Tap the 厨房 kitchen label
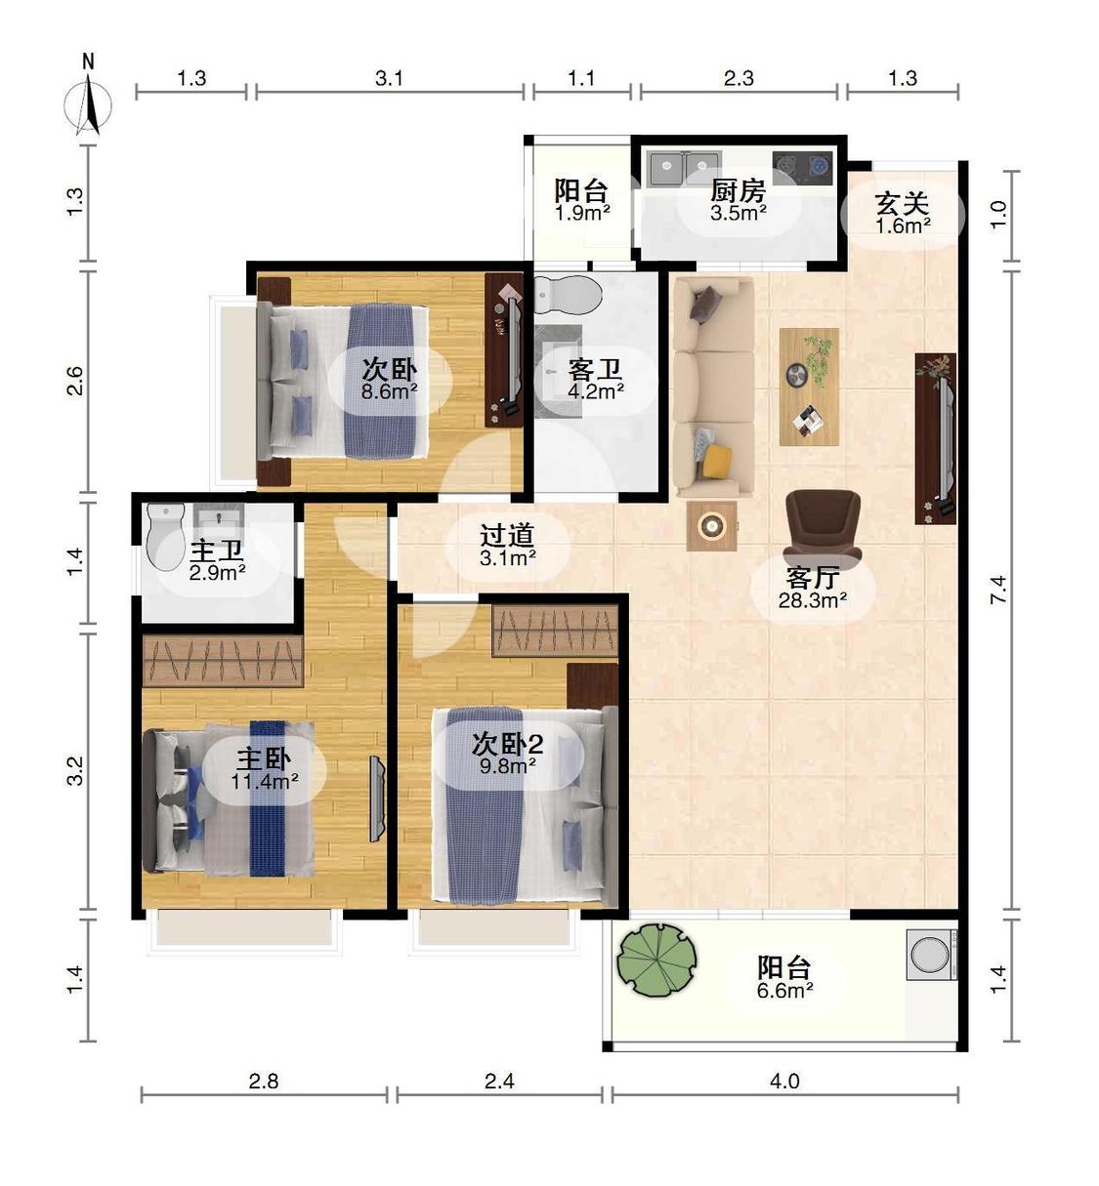point(739,191)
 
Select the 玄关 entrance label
point(903,204)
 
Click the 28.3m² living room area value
point(813,600)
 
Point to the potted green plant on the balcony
point(656,960)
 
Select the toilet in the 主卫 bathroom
point(166,535)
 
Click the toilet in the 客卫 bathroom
point(568,295)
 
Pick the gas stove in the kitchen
point(802,168)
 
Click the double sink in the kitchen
point(685,168)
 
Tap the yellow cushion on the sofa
point(716,462)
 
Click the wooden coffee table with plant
point(809,387)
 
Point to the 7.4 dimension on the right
point(999,591)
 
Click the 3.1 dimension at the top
point(389,78)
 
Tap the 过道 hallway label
point(507,535)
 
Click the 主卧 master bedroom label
point(264,758)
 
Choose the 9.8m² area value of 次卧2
point(507,765)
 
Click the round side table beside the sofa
point(711,526)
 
